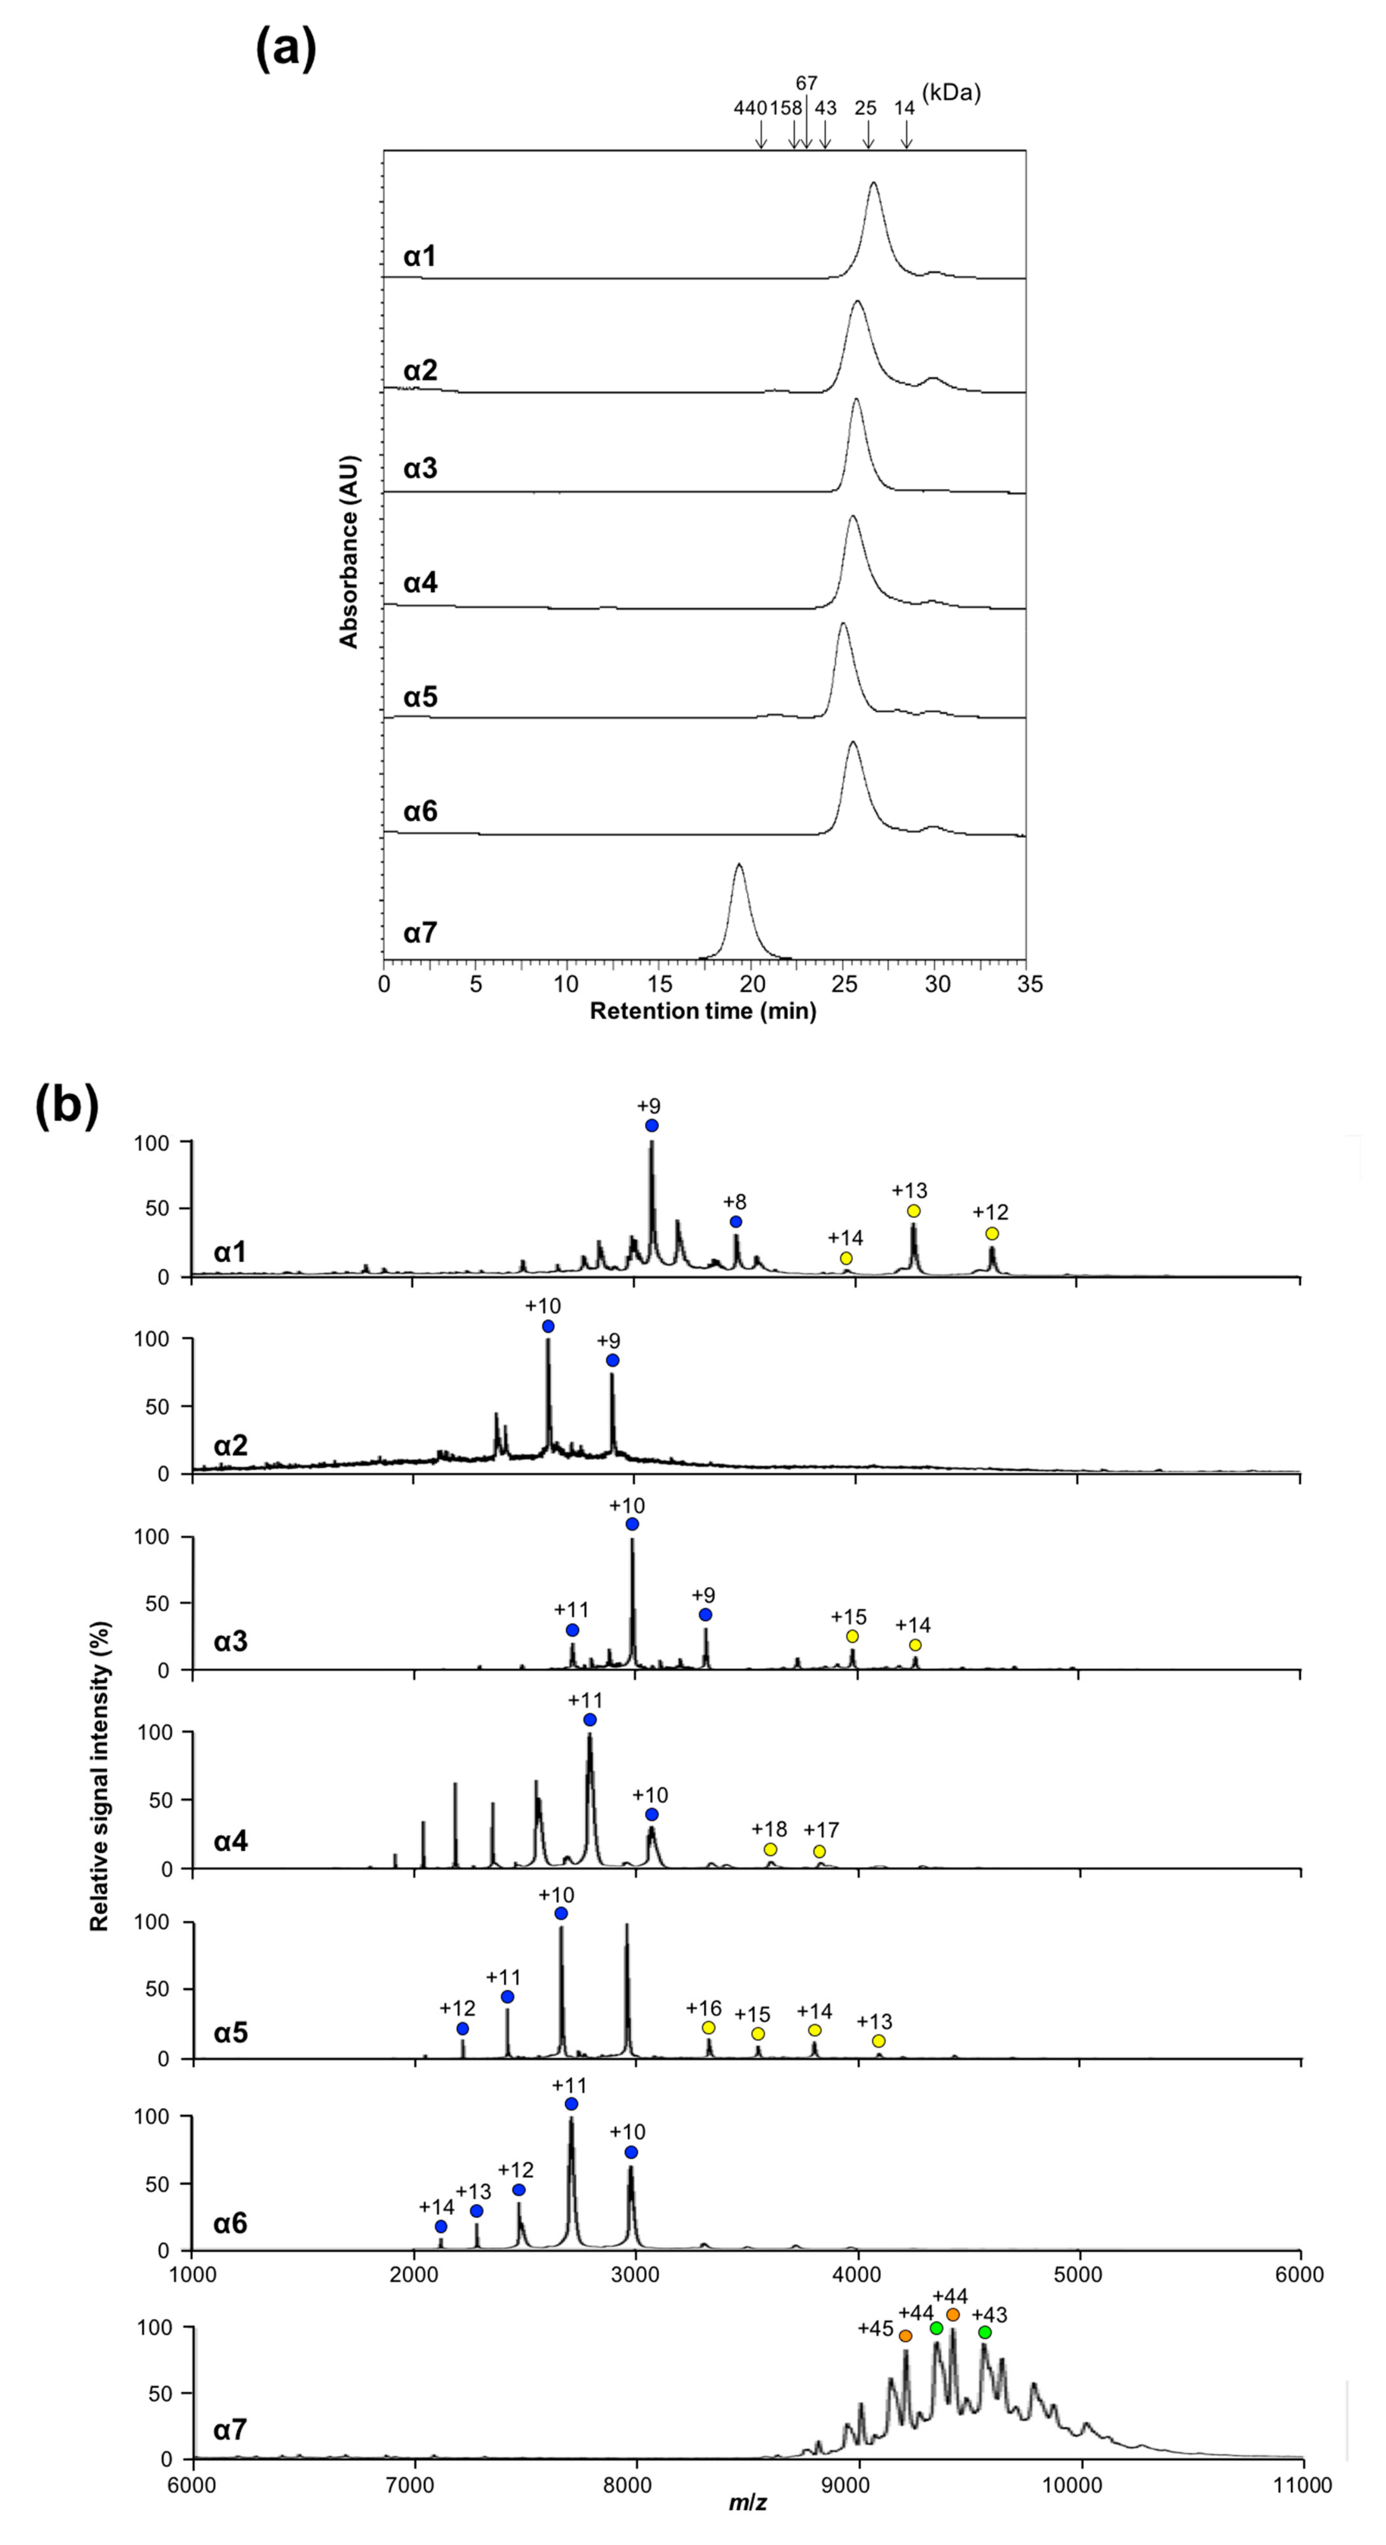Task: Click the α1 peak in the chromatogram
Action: point(873,185)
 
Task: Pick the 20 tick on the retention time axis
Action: point(753,984)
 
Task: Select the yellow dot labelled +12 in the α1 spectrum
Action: point(992,1233)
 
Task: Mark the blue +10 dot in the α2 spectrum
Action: point(548,1326)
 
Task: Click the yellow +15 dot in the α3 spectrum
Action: point(852,1636)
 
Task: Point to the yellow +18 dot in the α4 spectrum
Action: point(771,1850)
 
